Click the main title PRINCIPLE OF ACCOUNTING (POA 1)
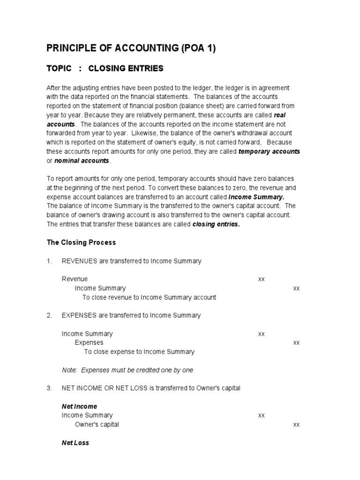131,48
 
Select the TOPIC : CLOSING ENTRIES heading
105,68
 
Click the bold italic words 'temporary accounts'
269,151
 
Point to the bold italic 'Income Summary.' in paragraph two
256,196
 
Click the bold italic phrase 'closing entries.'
216,224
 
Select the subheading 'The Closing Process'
81,242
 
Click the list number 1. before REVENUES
49,261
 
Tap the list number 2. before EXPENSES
49,315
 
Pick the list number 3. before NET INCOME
49,388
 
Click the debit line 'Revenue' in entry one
75,279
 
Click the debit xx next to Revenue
262,279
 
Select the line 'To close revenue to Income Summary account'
149,297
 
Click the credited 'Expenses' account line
89,342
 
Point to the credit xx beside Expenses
296,342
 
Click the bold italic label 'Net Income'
79,406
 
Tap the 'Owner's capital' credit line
97,424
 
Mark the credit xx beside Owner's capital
296,424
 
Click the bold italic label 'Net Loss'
75,442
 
